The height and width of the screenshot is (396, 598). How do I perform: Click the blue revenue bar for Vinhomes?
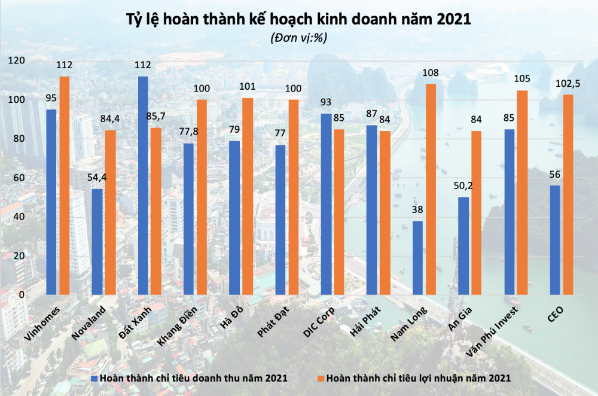point(51,202)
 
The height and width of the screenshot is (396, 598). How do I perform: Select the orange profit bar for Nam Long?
point(431,189)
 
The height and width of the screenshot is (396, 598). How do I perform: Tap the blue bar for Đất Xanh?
point(143,185)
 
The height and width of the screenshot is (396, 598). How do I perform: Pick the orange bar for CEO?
point(568,194)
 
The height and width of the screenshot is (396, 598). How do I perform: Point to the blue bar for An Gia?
point(463,245)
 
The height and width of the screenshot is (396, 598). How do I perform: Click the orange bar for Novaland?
point(111,212)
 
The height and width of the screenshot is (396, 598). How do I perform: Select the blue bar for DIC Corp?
point(326,204)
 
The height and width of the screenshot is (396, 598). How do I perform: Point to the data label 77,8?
point(189,133)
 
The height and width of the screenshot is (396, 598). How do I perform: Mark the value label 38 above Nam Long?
point(417,211)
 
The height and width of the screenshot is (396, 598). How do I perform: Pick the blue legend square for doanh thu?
point(94,378)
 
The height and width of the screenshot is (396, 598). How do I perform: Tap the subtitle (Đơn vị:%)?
point(299,37)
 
